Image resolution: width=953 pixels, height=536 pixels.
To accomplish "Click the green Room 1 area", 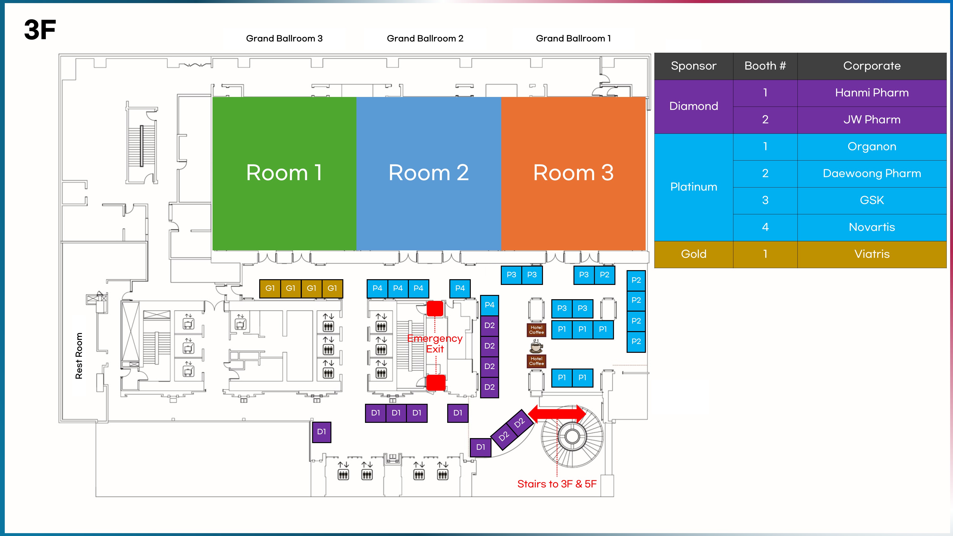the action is click(284, 173).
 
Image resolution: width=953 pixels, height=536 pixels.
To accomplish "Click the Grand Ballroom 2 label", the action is click(425, 38).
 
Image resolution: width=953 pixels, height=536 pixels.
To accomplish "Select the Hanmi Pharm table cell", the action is click(872, 93).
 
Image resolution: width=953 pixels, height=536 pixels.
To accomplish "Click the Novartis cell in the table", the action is click(872, 227).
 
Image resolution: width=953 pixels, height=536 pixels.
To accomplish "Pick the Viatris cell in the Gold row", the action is click(872, 254).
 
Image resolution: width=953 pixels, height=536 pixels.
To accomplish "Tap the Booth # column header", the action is click(765, 66).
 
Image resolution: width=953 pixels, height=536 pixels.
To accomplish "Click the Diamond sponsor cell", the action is click(694, 106).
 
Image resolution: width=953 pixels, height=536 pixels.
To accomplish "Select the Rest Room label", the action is click(79, 356).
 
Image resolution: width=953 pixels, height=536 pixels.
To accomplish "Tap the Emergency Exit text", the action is click(435, 344).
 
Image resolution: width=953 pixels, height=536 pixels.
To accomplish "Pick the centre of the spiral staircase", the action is click(572, 436).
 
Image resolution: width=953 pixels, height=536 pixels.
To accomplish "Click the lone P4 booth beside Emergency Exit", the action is click(460, 288).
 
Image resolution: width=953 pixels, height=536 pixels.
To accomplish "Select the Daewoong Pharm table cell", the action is click(872, 173).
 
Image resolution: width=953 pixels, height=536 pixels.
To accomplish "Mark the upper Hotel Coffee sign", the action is click(537, 330).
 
